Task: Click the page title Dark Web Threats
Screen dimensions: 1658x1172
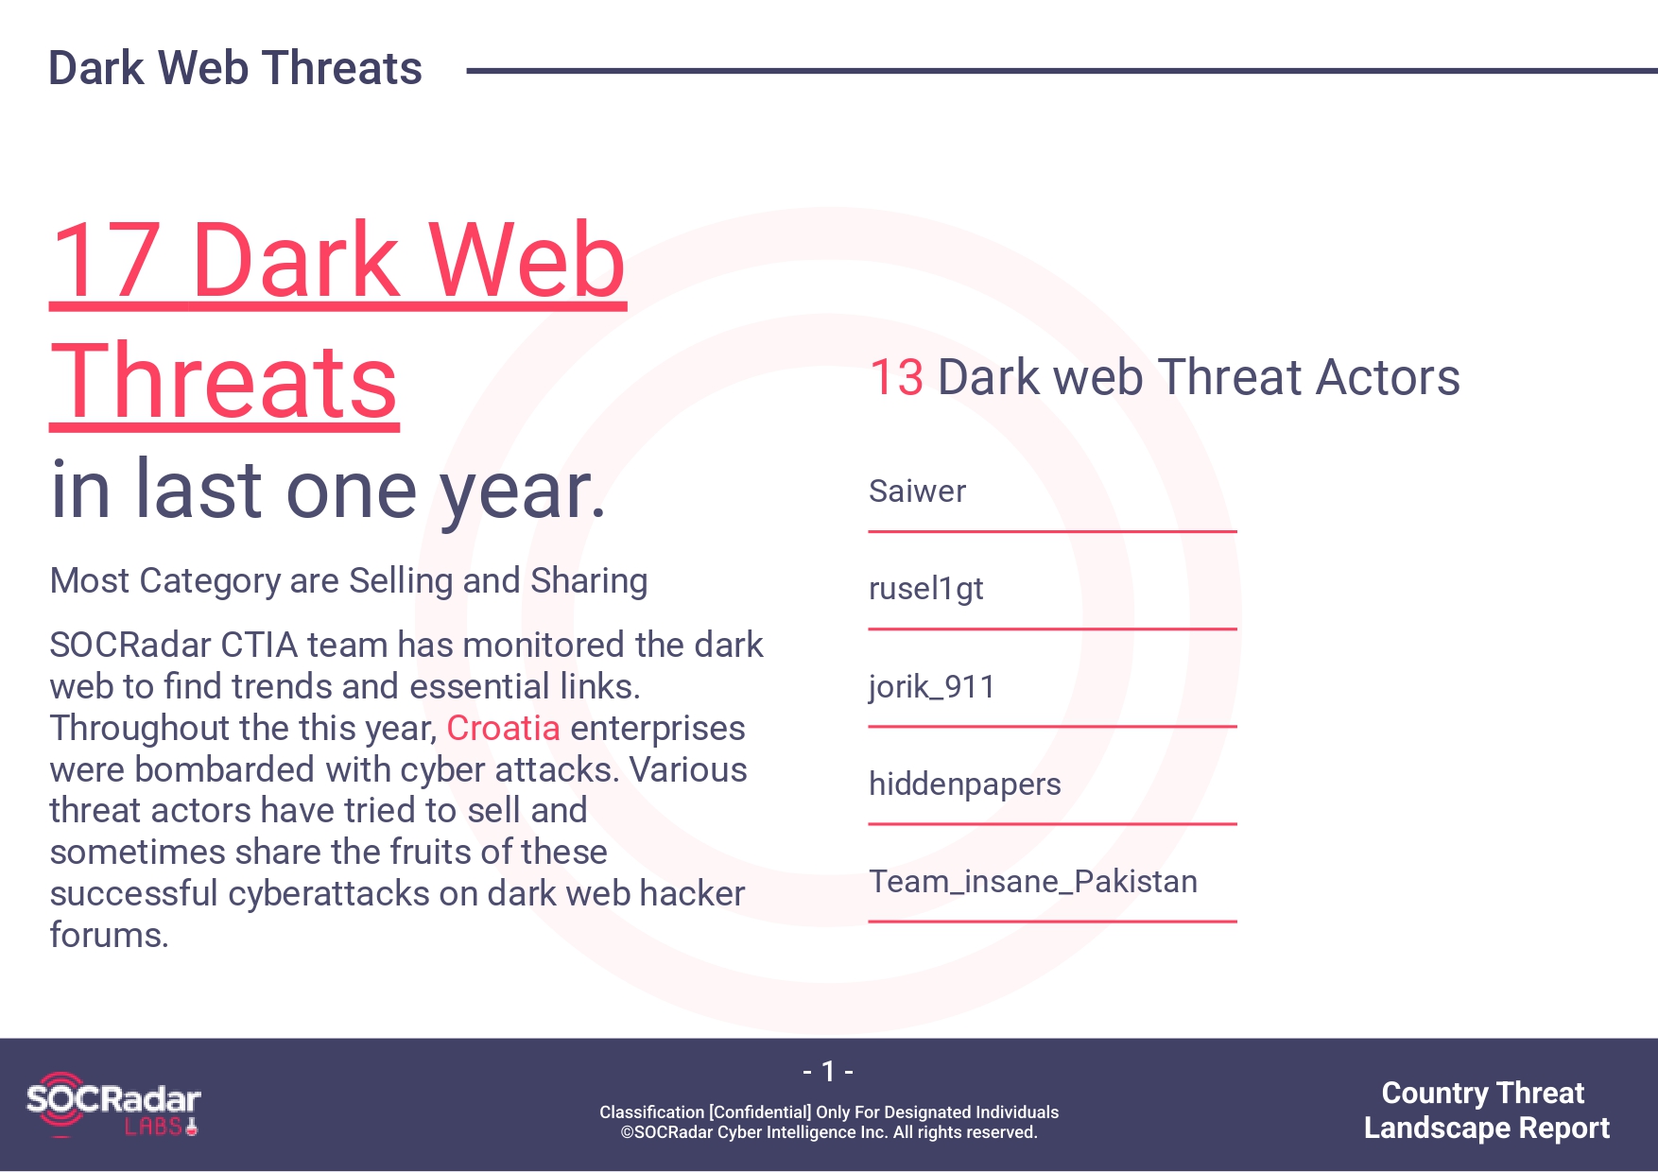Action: click(235, 68)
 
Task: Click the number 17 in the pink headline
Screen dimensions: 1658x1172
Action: click(106, 260)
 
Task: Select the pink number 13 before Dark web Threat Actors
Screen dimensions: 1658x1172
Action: click(896, 377)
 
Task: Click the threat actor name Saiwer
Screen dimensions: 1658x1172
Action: click(917, 491)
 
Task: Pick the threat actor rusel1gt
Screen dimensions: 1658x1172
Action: click(926, 589)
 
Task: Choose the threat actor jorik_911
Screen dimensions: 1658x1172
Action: click(932, 686)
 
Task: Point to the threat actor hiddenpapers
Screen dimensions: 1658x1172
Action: click(965, 784)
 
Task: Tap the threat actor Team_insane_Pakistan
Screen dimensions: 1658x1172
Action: click(1033, 882)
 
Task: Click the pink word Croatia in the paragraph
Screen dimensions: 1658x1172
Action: click(503, 728)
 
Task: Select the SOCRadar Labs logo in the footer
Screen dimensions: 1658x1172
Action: click(113, 1104)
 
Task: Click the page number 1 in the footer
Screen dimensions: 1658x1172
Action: click(828, 1071)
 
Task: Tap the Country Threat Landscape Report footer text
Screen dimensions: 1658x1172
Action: click(1486, 1110)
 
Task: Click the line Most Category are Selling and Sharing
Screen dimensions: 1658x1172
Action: click(349, 581)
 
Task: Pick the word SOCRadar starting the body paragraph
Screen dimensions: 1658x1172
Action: click(130, 645)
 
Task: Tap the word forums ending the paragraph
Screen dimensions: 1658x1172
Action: click(109, 935)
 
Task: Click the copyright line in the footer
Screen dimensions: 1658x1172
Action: click(829, 1132)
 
